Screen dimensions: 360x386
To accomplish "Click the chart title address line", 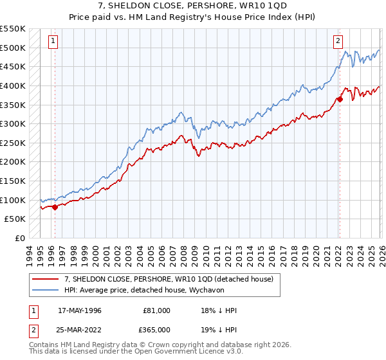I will [192, 6].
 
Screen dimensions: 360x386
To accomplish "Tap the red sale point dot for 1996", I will [55, 207].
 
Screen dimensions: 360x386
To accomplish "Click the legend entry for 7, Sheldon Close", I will [169, 279].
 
